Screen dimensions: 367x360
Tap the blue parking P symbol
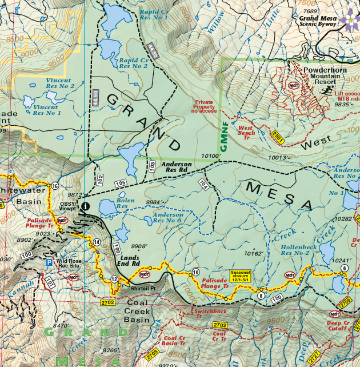50,262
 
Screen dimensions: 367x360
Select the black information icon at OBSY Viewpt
85,206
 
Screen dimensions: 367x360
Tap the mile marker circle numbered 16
55,186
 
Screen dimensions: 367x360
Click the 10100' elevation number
211,155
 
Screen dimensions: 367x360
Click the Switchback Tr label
211,311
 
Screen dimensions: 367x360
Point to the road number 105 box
120,183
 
